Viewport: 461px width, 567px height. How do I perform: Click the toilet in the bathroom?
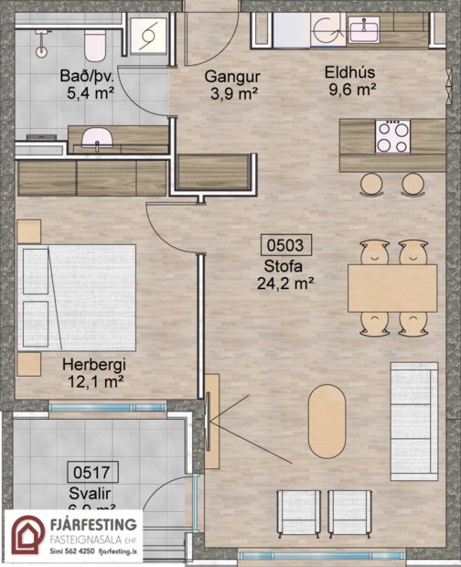(x=92, y=41)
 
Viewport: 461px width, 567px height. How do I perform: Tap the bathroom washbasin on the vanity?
(x=95, y=137)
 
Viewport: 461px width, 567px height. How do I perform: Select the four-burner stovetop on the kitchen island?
(x=393, y=137)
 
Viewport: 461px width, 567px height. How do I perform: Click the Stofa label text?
(x=286, y=267)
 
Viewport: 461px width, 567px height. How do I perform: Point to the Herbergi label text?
(x=93, y=364)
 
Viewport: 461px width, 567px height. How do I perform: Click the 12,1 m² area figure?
(x=93, y=380)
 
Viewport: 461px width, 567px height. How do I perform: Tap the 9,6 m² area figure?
(x=352, y=90)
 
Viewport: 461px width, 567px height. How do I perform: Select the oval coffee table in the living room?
(x=327, y=421)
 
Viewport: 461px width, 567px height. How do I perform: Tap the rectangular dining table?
(x=392, y=287)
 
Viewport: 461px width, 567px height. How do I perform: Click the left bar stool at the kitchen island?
(x=370, y=184)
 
